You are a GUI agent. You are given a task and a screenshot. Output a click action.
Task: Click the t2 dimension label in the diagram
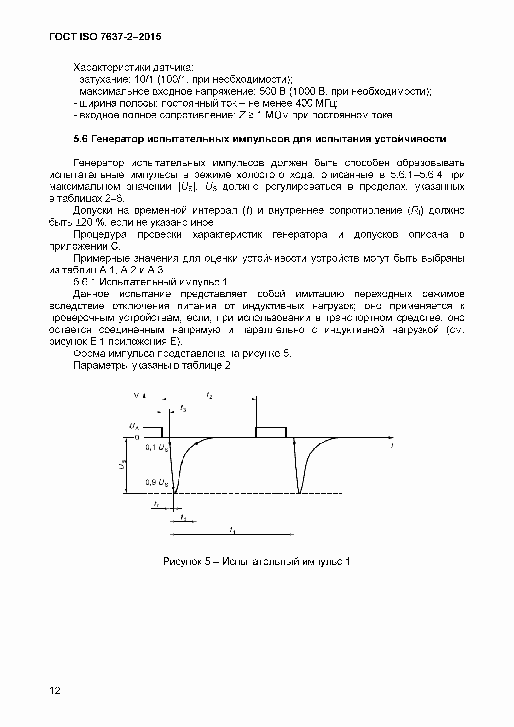(209, 395)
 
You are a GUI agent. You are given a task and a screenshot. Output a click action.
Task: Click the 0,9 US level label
(157, 482)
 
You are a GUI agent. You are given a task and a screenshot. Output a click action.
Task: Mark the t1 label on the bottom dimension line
(232, 530)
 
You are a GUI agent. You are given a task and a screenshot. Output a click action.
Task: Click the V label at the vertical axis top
(136, 395)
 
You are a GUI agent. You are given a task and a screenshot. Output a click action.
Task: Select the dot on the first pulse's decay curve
(197, 443)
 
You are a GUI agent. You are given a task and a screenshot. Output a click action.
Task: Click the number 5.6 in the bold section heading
(81, 139)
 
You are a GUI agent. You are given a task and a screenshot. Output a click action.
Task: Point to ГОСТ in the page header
(62, 37)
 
